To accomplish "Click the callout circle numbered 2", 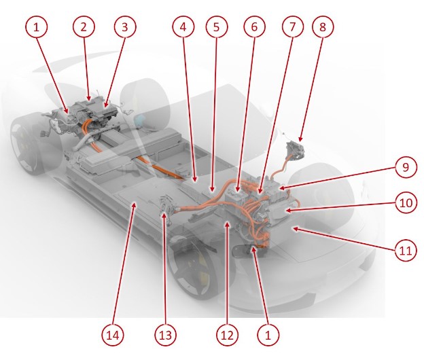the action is coord(84,26).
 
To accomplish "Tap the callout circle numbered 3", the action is coord(125,26).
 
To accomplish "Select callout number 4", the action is coord(183,26).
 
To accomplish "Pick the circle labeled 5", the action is coord(217,26).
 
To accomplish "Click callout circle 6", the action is coord(254,26).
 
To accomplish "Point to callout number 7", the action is coord(293,26).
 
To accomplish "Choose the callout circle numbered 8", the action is coord(323,26).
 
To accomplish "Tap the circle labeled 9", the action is coord(406,167).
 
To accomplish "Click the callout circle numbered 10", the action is coord(406,202).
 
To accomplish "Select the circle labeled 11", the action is coord(406,251).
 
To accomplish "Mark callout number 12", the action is coord(228,335).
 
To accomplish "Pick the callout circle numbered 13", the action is coord(166,335).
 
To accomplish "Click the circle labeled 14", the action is coord(113,335).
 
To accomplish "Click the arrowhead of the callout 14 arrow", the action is coord(134,206).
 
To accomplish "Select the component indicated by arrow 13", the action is coord(166,206).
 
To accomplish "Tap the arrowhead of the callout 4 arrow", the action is coord(195,179).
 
